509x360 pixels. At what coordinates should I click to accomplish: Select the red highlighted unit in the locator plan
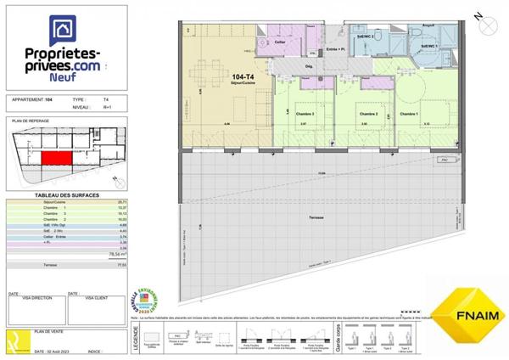click(x=58, y=159)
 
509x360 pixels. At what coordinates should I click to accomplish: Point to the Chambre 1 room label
click(x=411, y=113)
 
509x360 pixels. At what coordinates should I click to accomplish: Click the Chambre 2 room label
click(x=366, y=114)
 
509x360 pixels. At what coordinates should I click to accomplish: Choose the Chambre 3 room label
click(x=305, y=114)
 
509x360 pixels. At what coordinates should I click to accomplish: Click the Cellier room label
click(x=281, y=41)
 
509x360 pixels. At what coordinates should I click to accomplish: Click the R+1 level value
click(x=105, y=108)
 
